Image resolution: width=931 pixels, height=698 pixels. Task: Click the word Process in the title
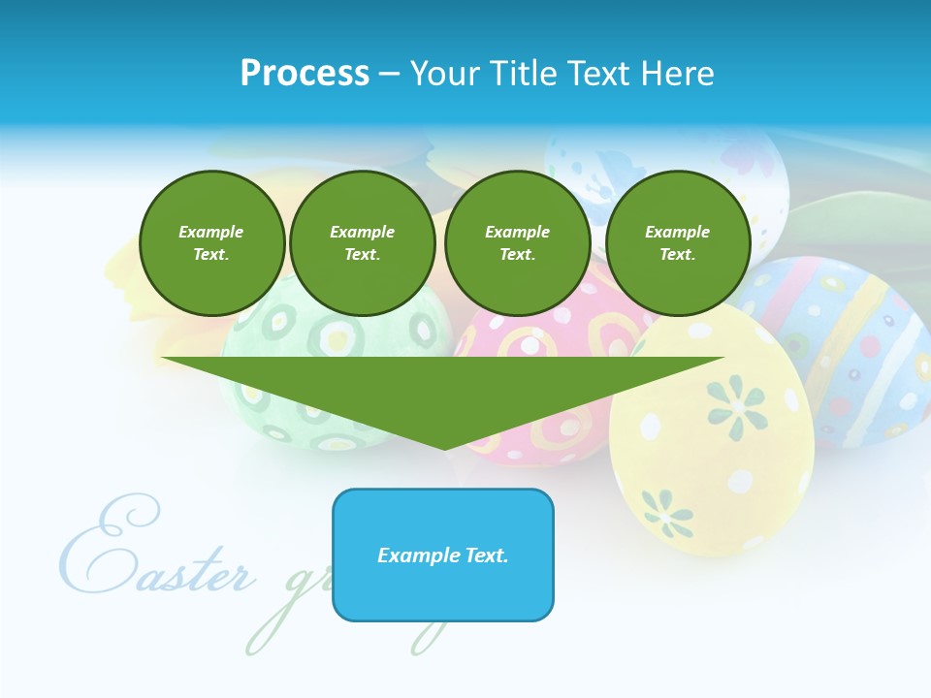point(305,74)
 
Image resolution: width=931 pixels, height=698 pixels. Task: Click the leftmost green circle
point(211,243)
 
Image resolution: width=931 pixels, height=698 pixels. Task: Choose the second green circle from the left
point(362,243)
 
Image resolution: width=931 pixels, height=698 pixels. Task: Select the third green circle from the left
point(517,243)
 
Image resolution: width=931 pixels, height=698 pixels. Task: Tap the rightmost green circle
point(677,243)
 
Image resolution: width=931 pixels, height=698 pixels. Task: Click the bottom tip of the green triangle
point(444,447)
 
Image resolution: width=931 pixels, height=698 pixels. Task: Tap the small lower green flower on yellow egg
point(668,511)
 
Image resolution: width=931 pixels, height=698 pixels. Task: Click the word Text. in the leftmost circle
point(211,255)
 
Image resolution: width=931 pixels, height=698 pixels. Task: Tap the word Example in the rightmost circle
point(677,232)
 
